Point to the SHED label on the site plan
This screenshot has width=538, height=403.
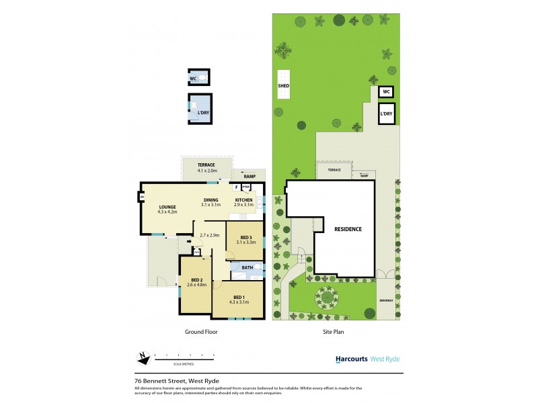click(283, 86)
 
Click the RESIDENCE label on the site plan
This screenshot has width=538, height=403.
click(348, 229)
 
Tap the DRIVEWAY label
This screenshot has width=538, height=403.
click(385, 300)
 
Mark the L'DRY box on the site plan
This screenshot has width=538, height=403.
click(386, 114)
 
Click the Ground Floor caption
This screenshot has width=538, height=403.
click(201, 332)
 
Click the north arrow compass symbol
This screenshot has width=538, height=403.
click(143, 357)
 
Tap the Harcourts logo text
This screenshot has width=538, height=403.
click(352, 359)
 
